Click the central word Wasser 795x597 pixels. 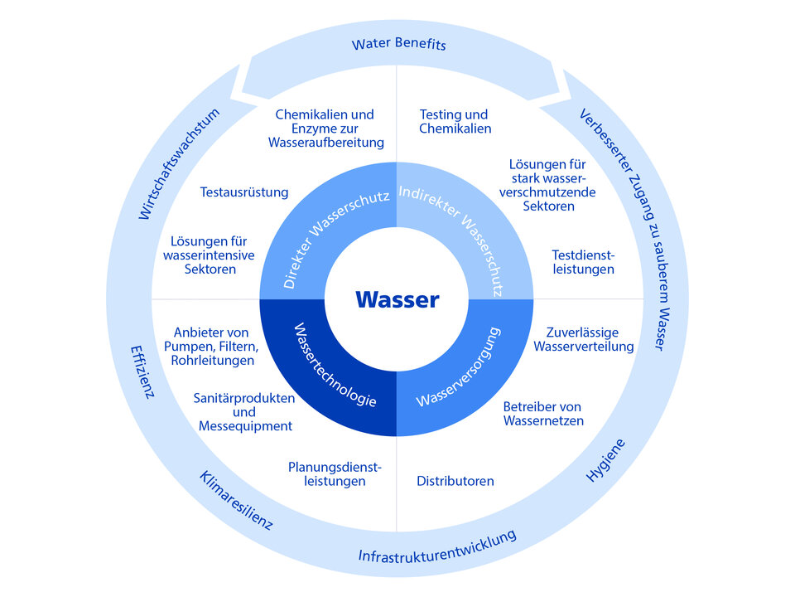coord(397,299)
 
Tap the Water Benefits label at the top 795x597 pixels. coord(398,43)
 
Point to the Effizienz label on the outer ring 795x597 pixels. coord(142,371)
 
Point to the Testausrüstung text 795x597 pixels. coord(244,192)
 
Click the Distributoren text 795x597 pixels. coord(455,481)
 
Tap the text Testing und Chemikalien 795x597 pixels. coord(455,121)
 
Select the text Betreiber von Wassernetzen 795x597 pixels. coord(543,414)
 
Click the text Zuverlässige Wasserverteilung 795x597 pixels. coord(584,339)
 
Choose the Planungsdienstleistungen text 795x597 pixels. coord(335,473)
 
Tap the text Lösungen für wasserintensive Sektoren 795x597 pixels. coord(210,255)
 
